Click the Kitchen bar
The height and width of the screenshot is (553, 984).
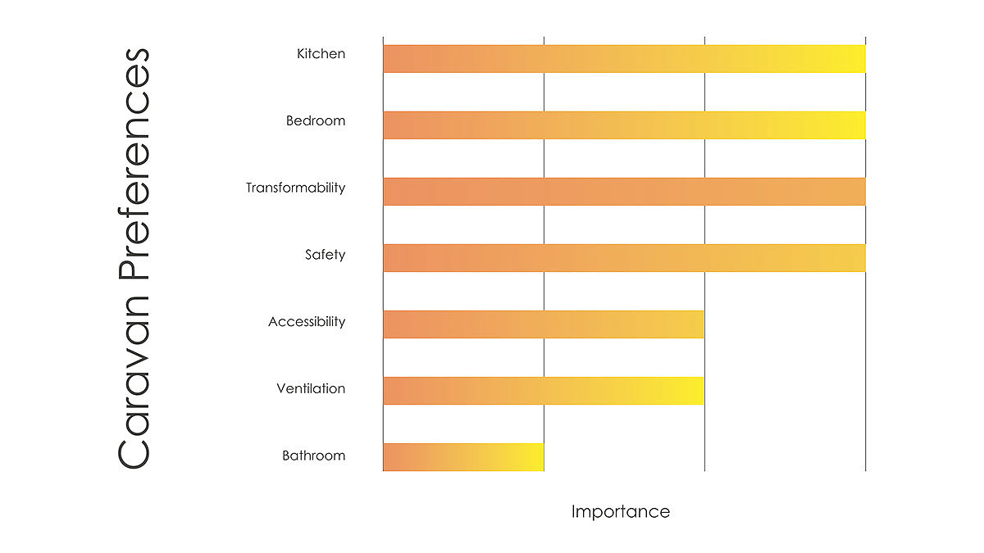623,59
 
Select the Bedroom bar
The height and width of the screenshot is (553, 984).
623,125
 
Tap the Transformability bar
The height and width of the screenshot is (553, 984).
623,192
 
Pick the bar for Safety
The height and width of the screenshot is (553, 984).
623,258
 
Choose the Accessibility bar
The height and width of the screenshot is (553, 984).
543,324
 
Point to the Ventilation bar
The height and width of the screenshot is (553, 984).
543,391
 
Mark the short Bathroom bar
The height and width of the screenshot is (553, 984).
462,457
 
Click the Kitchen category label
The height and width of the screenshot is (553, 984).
321,54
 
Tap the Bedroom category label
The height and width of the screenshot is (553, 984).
316,121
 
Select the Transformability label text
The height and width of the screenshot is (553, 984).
295,188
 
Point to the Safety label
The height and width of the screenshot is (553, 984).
325,255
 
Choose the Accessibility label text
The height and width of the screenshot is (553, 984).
307,322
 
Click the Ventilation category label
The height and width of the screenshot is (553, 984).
311,388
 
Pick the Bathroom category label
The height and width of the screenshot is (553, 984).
313,456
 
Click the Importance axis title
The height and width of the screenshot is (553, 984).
620,512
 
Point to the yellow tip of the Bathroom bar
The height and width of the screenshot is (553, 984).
535,457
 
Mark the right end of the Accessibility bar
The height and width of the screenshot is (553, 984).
697,324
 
